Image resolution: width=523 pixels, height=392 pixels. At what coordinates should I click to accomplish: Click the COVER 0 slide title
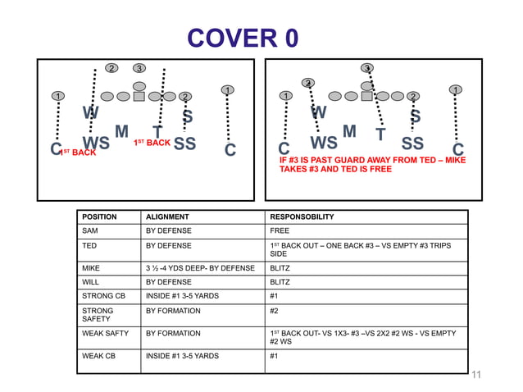(x=243, y=39)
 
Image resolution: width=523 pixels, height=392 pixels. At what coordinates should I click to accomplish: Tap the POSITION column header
(x=99, y=217)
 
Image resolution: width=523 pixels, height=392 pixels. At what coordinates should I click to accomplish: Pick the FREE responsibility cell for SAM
(x=280, y=231)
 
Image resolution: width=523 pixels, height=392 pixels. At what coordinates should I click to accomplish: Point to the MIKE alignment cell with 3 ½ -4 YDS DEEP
(x=200, y=267)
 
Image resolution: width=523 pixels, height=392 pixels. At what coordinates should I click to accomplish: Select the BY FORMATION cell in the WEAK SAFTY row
(x=173, y=333)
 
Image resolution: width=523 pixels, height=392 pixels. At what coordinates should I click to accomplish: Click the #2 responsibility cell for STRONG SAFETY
(x=275, y=311)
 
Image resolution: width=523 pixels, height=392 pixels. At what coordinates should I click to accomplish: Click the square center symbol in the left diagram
(x=139, y=97)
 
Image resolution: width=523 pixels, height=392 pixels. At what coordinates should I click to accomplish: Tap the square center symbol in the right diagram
(x=366, y=97)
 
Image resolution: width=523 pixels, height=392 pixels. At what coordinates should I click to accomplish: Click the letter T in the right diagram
(x=380, y=134)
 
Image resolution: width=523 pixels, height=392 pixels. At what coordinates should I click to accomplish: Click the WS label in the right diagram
(x=324, y=144)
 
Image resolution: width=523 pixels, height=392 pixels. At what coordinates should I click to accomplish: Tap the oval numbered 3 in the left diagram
(x=140, y=67)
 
